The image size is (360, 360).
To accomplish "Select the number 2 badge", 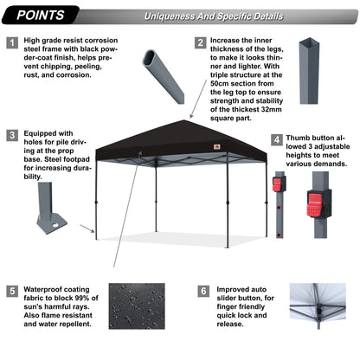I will pos(201,42).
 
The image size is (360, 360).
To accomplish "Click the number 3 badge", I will pos(12,134).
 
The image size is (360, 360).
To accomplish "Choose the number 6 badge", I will pos(201,292).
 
